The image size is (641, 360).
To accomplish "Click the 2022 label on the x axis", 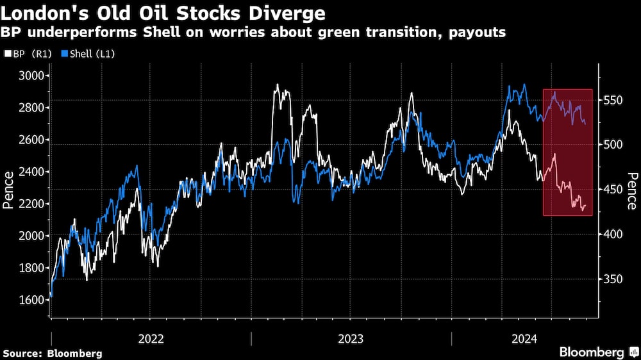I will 151,338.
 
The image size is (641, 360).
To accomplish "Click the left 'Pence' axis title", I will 9,190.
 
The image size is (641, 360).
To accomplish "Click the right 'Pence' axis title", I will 632,190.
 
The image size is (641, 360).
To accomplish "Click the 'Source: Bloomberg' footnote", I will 53,353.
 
